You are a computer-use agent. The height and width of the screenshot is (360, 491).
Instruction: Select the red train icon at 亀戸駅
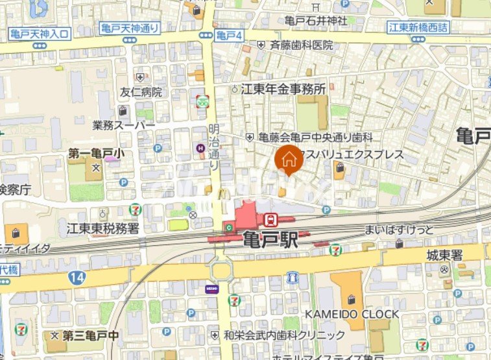tap(274, 221)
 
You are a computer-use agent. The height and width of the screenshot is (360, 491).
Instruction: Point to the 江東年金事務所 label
tap(283, 90)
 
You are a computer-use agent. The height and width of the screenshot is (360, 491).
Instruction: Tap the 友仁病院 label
tap(141, 92)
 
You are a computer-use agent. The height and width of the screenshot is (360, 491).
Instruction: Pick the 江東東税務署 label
tap(102, 228)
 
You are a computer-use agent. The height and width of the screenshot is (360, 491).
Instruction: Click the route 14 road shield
tap(77, 277)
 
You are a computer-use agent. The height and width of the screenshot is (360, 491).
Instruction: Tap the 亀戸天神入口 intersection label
tap(39, 33)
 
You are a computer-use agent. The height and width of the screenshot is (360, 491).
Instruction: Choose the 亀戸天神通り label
tap(130, 28)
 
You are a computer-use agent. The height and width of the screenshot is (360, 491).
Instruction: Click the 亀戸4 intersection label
tap(229, 35)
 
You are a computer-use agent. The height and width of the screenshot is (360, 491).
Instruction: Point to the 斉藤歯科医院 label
tap(301, 45)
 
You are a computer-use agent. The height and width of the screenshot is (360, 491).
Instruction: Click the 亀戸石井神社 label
tap(316, 21)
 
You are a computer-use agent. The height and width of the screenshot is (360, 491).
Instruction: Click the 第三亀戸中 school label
tap(91, 335)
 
